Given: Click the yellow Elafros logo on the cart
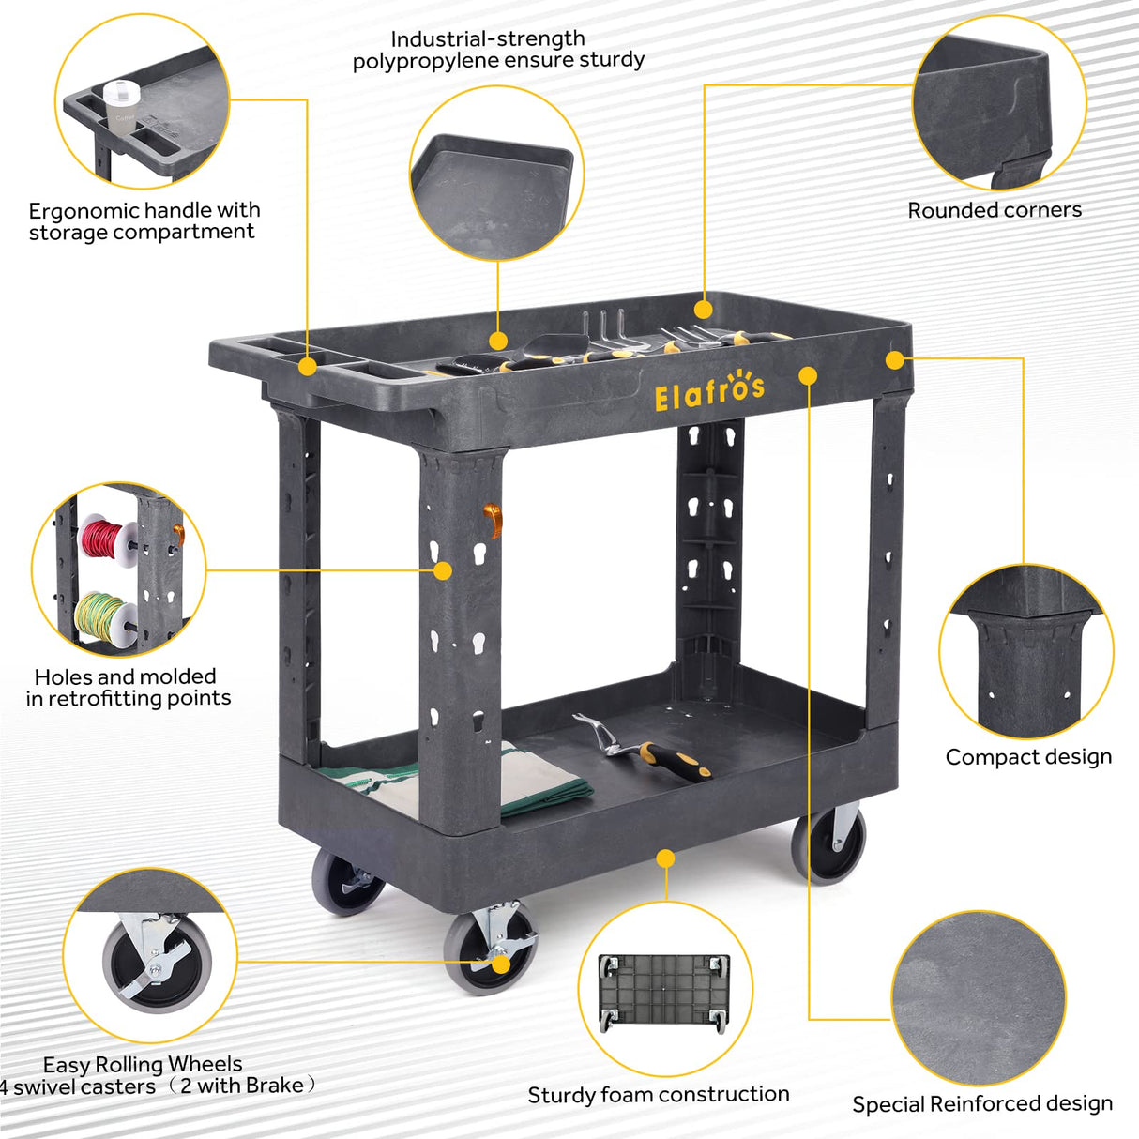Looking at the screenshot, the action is (709, 391).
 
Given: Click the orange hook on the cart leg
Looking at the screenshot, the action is (493, 520).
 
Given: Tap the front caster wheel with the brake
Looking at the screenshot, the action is (490, 949).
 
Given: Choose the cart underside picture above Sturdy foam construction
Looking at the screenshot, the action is (664, 992).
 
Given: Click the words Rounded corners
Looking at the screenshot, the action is (995, 210).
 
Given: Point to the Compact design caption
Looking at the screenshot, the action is (1028, 757).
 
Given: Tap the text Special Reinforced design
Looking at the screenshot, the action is (982, 1103).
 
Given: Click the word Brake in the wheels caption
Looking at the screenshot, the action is (274, 1086).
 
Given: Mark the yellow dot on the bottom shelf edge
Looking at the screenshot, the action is (665, 858).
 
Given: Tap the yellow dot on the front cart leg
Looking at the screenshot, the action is (442, 570).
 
